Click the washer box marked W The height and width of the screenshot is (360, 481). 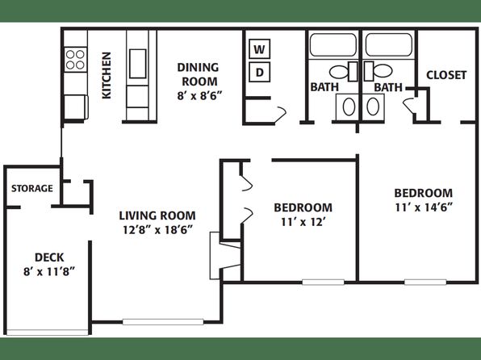(260, 48)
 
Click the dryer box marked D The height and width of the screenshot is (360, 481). (260, 73)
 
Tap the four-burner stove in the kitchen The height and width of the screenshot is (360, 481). (76, 60)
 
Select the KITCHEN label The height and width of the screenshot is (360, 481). (107, 76)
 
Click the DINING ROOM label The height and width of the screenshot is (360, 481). (199, 74)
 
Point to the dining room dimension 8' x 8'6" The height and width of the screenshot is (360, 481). (199, 95)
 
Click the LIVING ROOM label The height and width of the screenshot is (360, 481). (157, 216)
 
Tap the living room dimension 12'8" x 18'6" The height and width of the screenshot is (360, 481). (157, 229)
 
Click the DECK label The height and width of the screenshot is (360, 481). (49, 257)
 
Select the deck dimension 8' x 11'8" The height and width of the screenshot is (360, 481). (49, 271)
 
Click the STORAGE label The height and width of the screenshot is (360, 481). (32, 188)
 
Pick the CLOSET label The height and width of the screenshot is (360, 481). (446, 75)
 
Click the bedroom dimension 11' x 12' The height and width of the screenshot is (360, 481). (303, 222)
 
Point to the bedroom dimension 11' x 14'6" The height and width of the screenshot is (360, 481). (424, 207)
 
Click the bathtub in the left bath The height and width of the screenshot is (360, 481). (333, 45)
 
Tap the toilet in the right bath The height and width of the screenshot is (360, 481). (379, 71)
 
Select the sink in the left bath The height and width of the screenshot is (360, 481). (349, 107)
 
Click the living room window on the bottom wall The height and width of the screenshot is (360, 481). (163, 322)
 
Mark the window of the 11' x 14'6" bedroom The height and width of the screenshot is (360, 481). (425, 282)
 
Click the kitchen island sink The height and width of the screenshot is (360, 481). (137, 64)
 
